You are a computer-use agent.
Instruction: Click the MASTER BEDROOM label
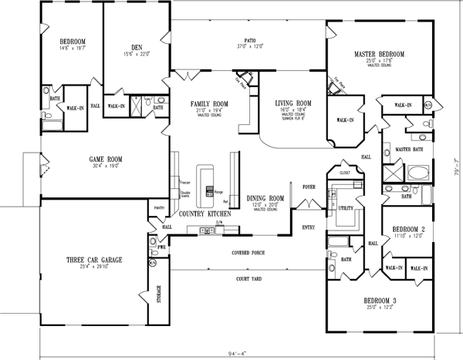pyautogui.click(x=379, y=55)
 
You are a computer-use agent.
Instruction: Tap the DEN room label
pyautogui.click(x=136, y=46)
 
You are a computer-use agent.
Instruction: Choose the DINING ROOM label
pyautogui.click(x=265, y=199)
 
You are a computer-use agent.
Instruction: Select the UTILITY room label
pyautogui.click(x=345, y=208)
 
